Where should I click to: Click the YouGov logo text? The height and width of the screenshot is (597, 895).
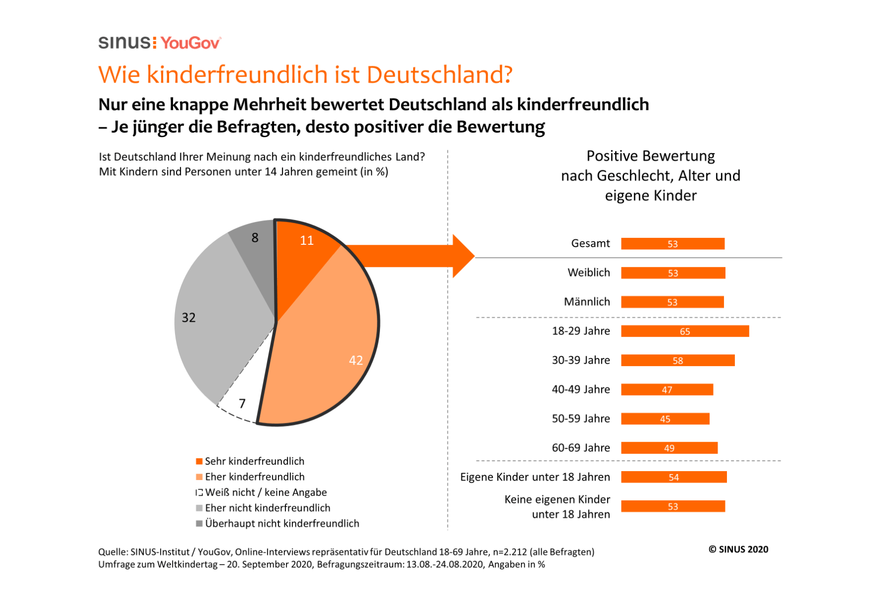[x=190, y=43]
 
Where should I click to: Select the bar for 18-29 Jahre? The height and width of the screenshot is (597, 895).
[x=685, y=331]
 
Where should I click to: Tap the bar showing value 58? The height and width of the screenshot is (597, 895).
[x=678, y=361]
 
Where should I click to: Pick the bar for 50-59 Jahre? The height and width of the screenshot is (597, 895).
[x=665, y=419]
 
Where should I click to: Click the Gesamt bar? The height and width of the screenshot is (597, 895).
[x=672, y=244]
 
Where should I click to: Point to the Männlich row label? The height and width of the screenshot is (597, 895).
[x=587, y=302]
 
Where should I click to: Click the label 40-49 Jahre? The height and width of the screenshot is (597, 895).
[x=581, y=390]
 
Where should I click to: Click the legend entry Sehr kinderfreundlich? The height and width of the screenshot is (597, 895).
[x=254, y=461]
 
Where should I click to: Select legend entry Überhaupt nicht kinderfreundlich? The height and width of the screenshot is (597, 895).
[x=281, y=523]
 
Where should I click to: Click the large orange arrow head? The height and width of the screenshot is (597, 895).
[x=462, y=256]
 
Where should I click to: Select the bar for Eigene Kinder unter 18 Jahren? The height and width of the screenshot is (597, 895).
[x=674, y=477]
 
